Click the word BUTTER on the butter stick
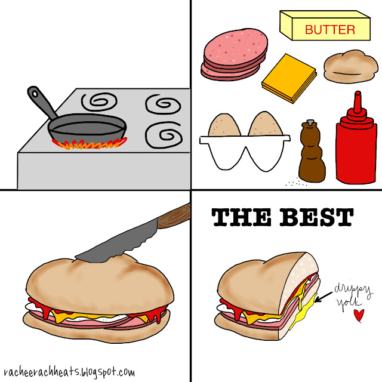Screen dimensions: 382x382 (330, 30)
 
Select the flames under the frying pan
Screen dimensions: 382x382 (90, 143)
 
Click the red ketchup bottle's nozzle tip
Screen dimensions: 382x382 (358, 93)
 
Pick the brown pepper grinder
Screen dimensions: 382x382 (312, 151)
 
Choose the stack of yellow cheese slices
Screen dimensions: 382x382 (289, 78)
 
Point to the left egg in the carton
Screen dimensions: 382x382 (224, 125)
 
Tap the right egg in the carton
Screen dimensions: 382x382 (265, 124)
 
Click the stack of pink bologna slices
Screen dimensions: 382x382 (234, 54)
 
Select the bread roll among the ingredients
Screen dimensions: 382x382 (351, 66)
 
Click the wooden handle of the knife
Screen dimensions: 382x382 (174, 216)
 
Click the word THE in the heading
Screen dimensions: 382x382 (241, 217)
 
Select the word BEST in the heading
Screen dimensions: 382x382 (316, 217)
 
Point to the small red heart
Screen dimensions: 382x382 (359, 315)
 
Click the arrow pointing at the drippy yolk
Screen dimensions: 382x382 (324, 297)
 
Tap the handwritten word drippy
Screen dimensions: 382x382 (353, 290)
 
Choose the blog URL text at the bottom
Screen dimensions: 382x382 (69, 372)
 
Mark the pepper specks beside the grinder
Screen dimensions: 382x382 (296, 183)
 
